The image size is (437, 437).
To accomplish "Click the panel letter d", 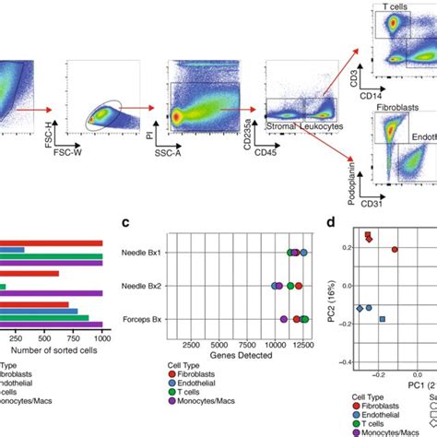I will (330, 222).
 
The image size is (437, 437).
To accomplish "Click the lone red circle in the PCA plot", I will (395, 250).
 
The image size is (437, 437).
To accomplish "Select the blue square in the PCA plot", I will (383, 319).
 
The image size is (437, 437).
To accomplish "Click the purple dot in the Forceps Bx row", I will (283, 320).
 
